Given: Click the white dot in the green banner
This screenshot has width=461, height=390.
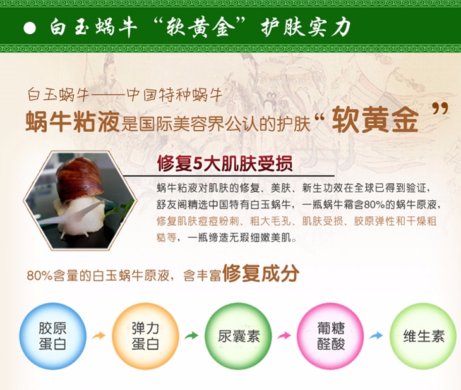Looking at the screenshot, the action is [30, 28].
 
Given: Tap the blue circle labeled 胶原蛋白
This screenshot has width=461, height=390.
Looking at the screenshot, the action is [52, 336].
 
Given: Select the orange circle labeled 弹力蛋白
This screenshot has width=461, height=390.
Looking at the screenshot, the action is [145, 336].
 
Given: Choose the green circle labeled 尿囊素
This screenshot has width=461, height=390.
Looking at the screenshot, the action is [238, 336].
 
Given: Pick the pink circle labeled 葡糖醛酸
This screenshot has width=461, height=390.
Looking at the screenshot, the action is [330, 336].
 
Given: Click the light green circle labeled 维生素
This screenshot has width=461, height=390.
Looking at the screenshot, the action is [423, 336].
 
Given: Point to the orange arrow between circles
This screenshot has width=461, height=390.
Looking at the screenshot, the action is [99, 336].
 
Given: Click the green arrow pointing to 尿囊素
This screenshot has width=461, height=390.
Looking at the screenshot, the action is [191, 336].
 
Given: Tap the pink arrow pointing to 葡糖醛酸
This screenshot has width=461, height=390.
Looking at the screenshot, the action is [284, 336].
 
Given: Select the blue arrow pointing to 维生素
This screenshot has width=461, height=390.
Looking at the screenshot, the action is [376, 336].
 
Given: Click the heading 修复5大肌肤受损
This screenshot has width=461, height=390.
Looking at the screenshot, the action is [225, 163].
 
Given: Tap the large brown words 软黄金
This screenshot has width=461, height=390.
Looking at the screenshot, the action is [375, 120].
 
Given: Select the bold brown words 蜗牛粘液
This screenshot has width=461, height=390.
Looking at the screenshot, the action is [73, 122].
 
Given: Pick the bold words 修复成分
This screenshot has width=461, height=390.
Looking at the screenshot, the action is [261, 274].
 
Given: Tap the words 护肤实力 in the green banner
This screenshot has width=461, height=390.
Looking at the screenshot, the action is [306, 28].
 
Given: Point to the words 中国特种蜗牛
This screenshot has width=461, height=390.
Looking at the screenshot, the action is [175, 95].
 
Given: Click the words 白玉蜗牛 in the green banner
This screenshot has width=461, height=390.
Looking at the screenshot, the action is [93, 28].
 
